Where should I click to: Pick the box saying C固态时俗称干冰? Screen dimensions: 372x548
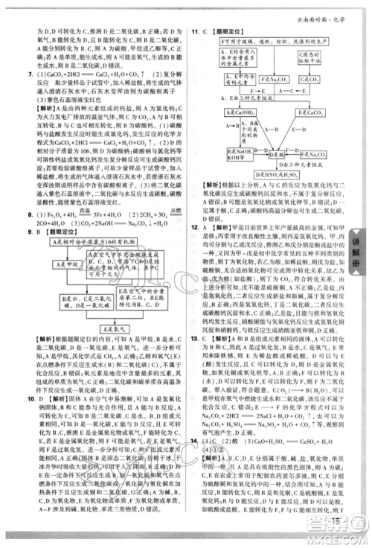(x=321, y=74)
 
